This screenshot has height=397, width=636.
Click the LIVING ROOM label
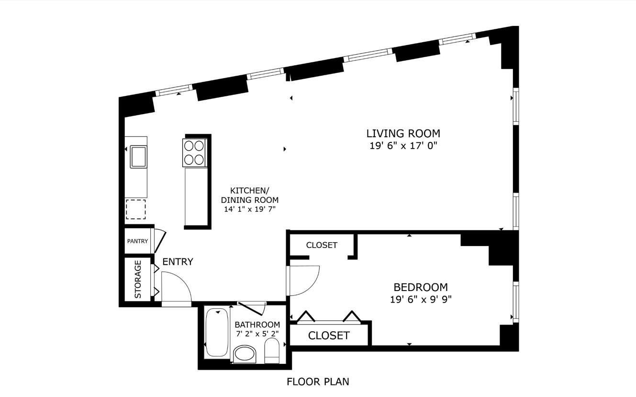(x=403, y=133)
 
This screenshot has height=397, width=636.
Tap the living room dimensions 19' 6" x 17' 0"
(x=403, y=146)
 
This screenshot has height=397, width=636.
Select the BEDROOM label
(x=421, y=287)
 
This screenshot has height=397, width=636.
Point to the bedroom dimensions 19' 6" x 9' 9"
(x=421, y=300)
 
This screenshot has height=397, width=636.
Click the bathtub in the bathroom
(x=217, y=332)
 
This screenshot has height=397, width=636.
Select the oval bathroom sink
(x=245, y=354)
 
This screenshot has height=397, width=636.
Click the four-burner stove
(x=194, y=153)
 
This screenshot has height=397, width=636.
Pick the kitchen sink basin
(x=138, y=156)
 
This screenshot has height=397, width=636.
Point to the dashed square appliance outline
(x=136, y=210)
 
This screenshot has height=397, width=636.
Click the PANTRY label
(x=137, y=241)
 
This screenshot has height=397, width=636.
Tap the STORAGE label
(x=138, y=279)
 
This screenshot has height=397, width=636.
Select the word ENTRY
(x=178, y=262)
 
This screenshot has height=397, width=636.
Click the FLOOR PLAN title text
(x=318, y=382)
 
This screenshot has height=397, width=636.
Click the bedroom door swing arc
(x=313, y=285)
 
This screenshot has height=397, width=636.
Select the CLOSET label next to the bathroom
(x=328, y=336)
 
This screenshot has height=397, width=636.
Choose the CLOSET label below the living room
(x=322, y=245)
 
